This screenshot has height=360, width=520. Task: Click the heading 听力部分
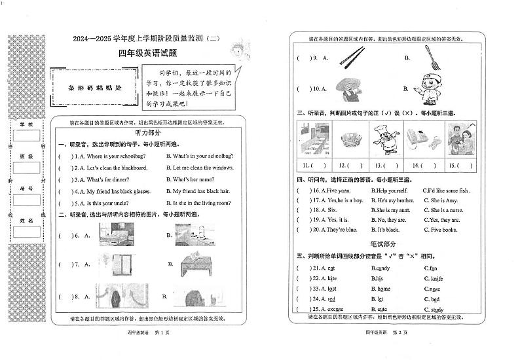tap(147, 133)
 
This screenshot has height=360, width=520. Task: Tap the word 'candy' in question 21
tap(381, 268)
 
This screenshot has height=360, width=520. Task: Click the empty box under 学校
tap(27, 136)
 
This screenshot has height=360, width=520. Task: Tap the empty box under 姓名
tap(27, 234)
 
